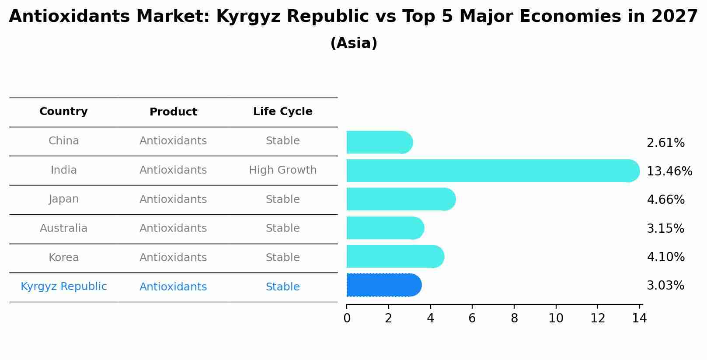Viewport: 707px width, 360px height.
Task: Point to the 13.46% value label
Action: pyautogui.click(x=669, y=171)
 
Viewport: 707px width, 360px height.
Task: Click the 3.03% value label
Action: pyautogui.click(x=665, y=286)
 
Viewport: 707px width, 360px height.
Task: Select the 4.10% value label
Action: pyautogui.click(x=665, y=257)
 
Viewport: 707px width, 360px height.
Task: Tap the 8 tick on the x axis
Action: pyautogui.click(x=514, y=318)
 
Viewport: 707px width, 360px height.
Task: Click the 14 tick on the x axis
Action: pyautogui.click(x=639, y=318)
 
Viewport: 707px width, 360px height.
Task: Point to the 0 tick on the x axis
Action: pyautogui.click(x=347, y=318)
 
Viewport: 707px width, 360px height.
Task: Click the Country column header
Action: pyautogui.click(x=63, y=112)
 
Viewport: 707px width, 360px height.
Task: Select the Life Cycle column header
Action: pyautogui.click(x=282, y=112)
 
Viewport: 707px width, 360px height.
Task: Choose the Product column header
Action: pyautogui.click(x=173, y=112)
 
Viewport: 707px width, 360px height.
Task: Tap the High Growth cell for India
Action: pyautogui.click(x=282, y=170)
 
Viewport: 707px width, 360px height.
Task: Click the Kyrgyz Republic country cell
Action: pyautogui.click(x=63, y=287)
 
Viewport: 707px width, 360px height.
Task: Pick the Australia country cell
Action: pyautogui.click(x=63, y=228)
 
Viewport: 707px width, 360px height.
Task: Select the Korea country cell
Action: pyautogui.click(x=63, y=258)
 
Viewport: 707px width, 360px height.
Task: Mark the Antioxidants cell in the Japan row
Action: pyautogui.click(x=173, y=199)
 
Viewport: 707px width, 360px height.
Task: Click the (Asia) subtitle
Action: pyautogui.click(x=354, y=43)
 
